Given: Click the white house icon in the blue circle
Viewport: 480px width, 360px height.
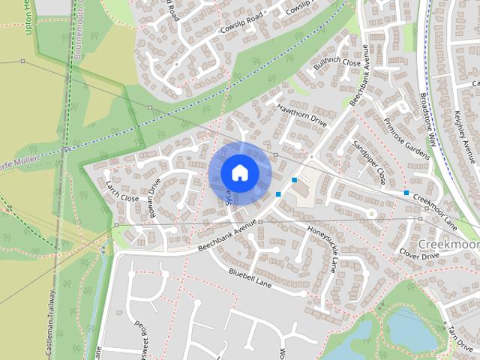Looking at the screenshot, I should pyautogui.click(x=239, y=172).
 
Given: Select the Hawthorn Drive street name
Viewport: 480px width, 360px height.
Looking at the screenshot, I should pyautogui.click(x=302, y=115).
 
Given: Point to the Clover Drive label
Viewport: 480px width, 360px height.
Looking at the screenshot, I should pyautogui.click(x=418, y=255).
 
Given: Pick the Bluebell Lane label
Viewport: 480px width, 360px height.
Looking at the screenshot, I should pyautogui.click(x=250, y=279).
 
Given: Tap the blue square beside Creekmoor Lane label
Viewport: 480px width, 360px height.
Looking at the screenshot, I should pyautogui.click(x=406, y=193).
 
